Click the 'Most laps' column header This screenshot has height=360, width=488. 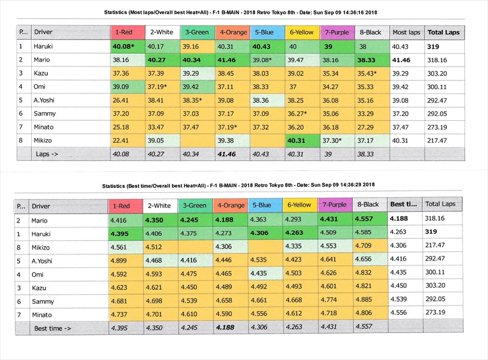pos(406,32)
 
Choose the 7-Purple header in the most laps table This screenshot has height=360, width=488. pos(336,32)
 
